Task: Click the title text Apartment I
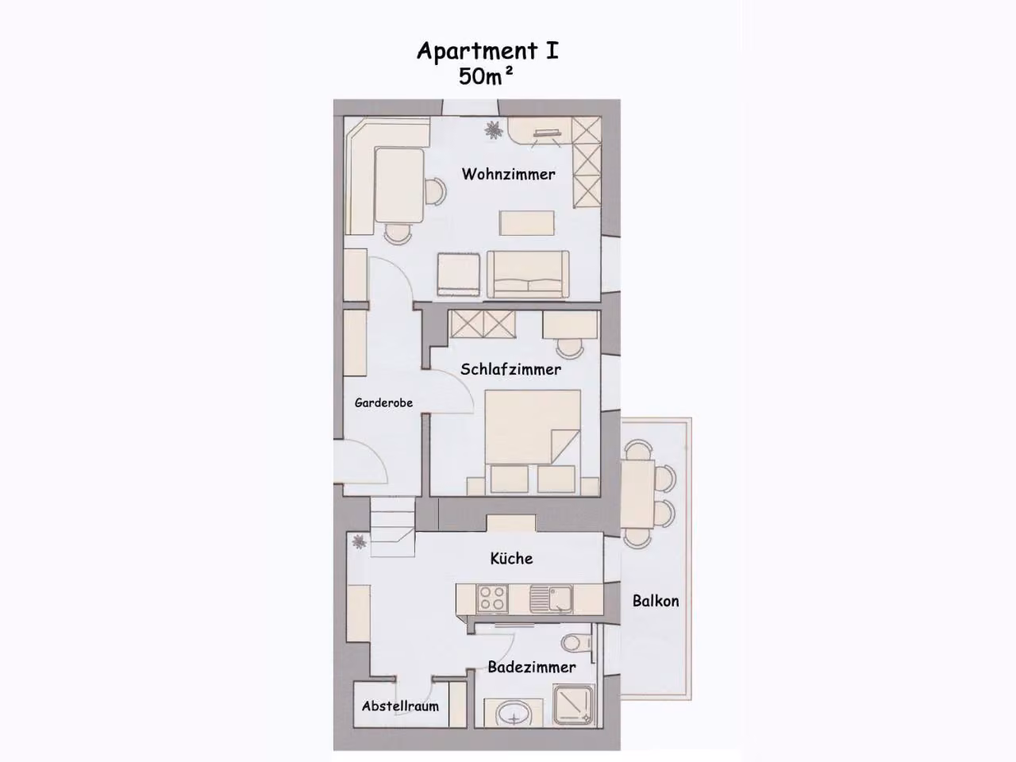(488, 52)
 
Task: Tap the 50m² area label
(486, 77)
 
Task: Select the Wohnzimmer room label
(508, 175)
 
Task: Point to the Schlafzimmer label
(510, 369)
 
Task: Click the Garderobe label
(383, 403)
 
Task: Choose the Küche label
(511, 559)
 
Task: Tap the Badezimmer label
(532, 668)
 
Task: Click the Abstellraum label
(400, 706)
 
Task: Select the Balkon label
(656, 601)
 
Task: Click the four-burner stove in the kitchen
(492, 598)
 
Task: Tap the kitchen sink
(551, 598)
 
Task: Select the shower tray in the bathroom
(574, 705)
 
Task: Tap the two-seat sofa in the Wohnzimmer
(528, 275)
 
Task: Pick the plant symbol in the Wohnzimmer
(494, 130)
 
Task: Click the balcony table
(637, 495)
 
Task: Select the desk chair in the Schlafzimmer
(569, 348)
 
